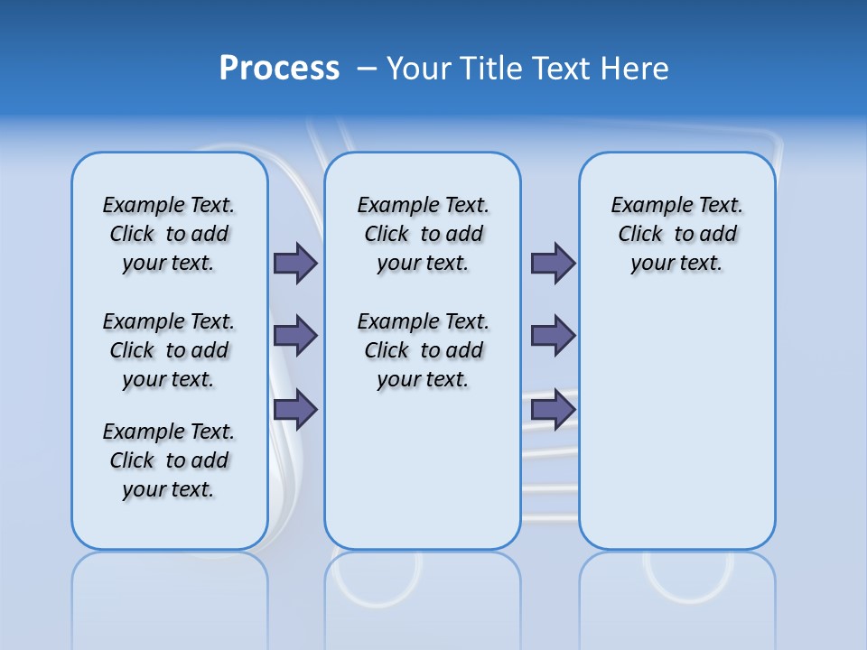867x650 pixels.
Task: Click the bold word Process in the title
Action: point(279,68)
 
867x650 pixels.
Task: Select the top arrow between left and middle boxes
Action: point(295,263)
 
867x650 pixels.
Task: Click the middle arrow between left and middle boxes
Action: point(295,336)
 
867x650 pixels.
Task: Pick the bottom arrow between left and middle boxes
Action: point(295,409)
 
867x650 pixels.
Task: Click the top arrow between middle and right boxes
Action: point(553,263)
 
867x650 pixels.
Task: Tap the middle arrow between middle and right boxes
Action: point(553,336)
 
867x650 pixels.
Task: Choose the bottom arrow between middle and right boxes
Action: point(553,409)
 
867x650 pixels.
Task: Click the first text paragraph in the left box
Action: point(169,234)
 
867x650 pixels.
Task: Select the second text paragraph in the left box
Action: point(169,350)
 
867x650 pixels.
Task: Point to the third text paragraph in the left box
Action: point(169,460)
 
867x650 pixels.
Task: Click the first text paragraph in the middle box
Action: point(423,234)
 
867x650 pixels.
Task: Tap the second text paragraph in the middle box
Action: point(423,350)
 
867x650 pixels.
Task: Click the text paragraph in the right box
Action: point(676,234)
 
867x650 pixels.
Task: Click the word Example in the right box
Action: point(645,206)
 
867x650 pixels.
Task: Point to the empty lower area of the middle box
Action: point(423,469)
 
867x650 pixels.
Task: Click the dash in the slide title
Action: point(367,69)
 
